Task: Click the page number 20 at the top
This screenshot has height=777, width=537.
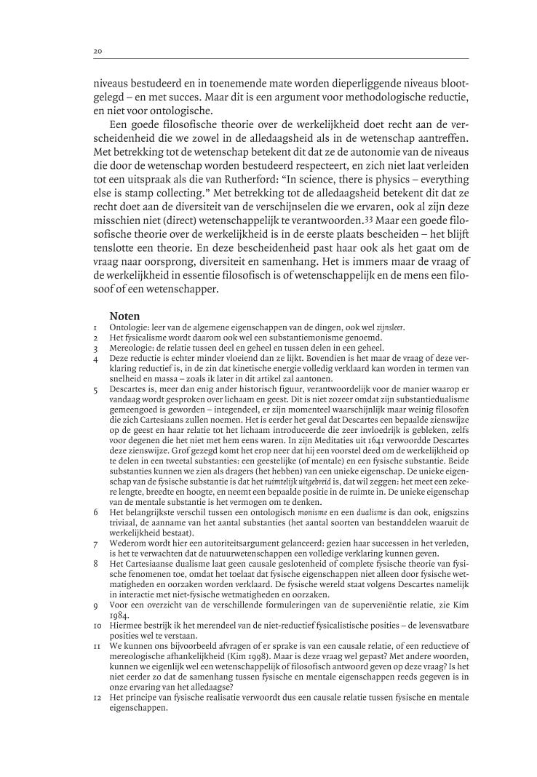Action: pos(97,51)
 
